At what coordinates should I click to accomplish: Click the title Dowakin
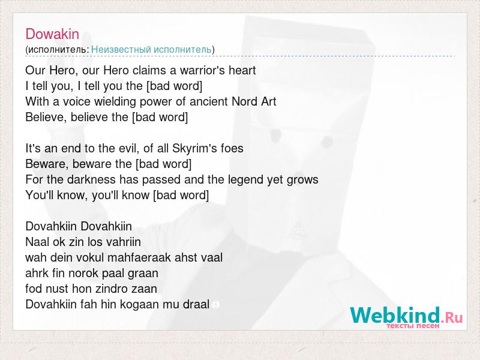click(x=52, y=34)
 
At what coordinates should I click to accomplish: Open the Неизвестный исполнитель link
click(x=151, y=50)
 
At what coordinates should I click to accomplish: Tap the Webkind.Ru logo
click(x=406, y=317)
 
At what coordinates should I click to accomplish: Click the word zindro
click(x=109, y=289)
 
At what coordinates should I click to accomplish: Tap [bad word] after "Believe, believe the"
click(x=160, y=117)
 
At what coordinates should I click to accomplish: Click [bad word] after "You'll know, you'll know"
click(x=181, y=196)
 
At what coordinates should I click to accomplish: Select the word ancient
click(x=209, y=101)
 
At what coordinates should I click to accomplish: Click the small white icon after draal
click(x=215, y=305)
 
